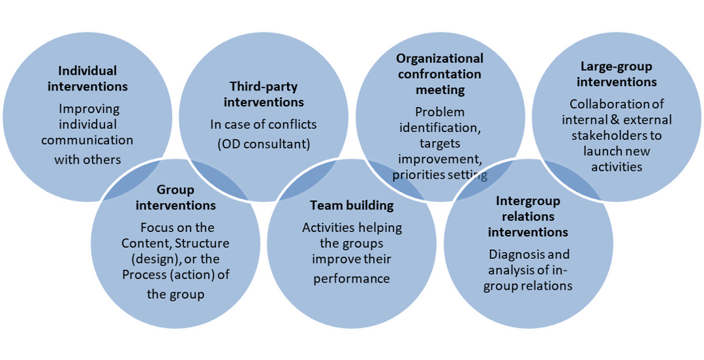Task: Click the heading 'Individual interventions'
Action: point(87,78)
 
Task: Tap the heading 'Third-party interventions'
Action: point(263,94)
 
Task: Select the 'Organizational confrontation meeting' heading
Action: point(439,74)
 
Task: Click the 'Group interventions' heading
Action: point(175,198)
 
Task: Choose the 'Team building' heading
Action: point(351,205)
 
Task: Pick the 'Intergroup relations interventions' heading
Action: point(528,216)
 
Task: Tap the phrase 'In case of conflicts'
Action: point(263,124)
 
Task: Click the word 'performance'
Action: point(351,278)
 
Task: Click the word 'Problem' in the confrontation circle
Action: point(439,112)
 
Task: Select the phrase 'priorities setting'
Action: point(439,175)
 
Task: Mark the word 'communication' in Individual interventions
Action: point(87,140)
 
